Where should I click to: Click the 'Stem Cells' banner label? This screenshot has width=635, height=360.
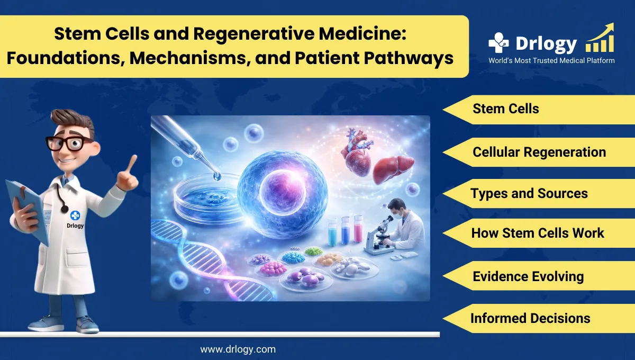tap(505, 109)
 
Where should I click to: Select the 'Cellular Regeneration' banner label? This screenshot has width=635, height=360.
tap(539, 152)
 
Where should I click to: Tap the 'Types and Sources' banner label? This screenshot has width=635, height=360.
tap(529, 193)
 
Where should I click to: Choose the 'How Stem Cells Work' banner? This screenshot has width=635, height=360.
tap(537, 233)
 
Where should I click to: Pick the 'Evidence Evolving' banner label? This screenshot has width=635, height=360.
tap(528, 276)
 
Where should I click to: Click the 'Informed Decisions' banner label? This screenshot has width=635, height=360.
tap(530, 318)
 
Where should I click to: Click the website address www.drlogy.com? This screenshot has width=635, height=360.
tap(238, 349)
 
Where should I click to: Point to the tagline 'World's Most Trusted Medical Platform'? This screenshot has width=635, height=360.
tap(551, 61)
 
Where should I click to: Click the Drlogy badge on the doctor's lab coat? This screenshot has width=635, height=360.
tap(75, 217)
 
